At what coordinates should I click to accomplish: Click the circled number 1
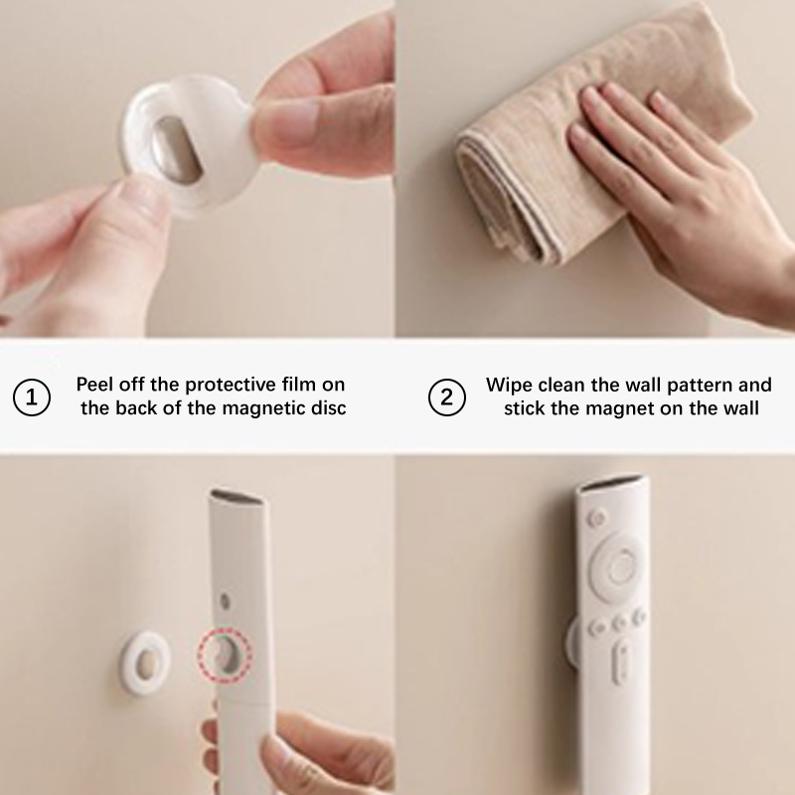(x=32, y=397)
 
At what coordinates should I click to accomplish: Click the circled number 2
(x=446, y=397)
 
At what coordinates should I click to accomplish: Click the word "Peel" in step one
(x=92, y=385)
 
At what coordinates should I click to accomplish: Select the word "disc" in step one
(x=329, y=408)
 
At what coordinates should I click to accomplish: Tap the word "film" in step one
(x=299, y=385)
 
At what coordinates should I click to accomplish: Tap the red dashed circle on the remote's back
(x=225, y=655)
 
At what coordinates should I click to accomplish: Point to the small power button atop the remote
(x=597, y=518)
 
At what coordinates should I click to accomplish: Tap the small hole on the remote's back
(x=226, y=602)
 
